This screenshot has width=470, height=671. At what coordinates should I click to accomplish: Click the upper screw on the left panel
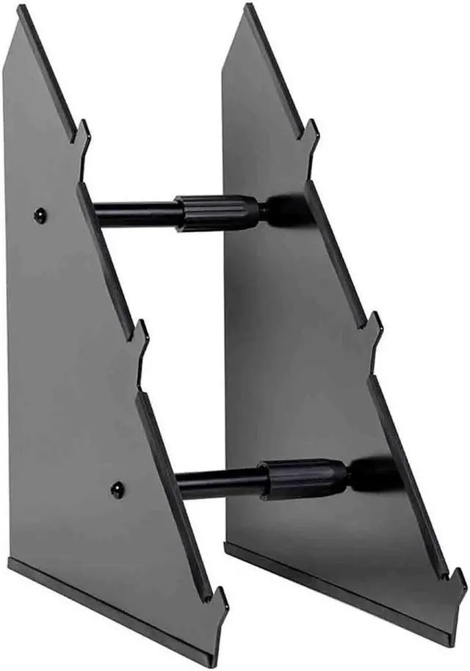pyautogui.click(x=40, y=215)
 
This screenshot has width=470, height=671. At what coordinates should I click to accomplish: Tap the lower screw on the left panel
pyautogui.click(x=117, y=490)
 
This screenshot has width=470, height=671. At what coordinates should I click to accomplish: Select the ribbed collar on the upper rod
pyautogui.click(x=217, y=214)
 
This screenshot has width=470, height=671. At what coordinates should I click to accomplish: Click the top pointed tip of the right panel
pyautogui.click(x=250, y=7)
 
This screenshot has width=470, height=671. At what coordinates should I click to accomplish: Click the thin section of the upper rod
pyautogui.click(x=136, y=214)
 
